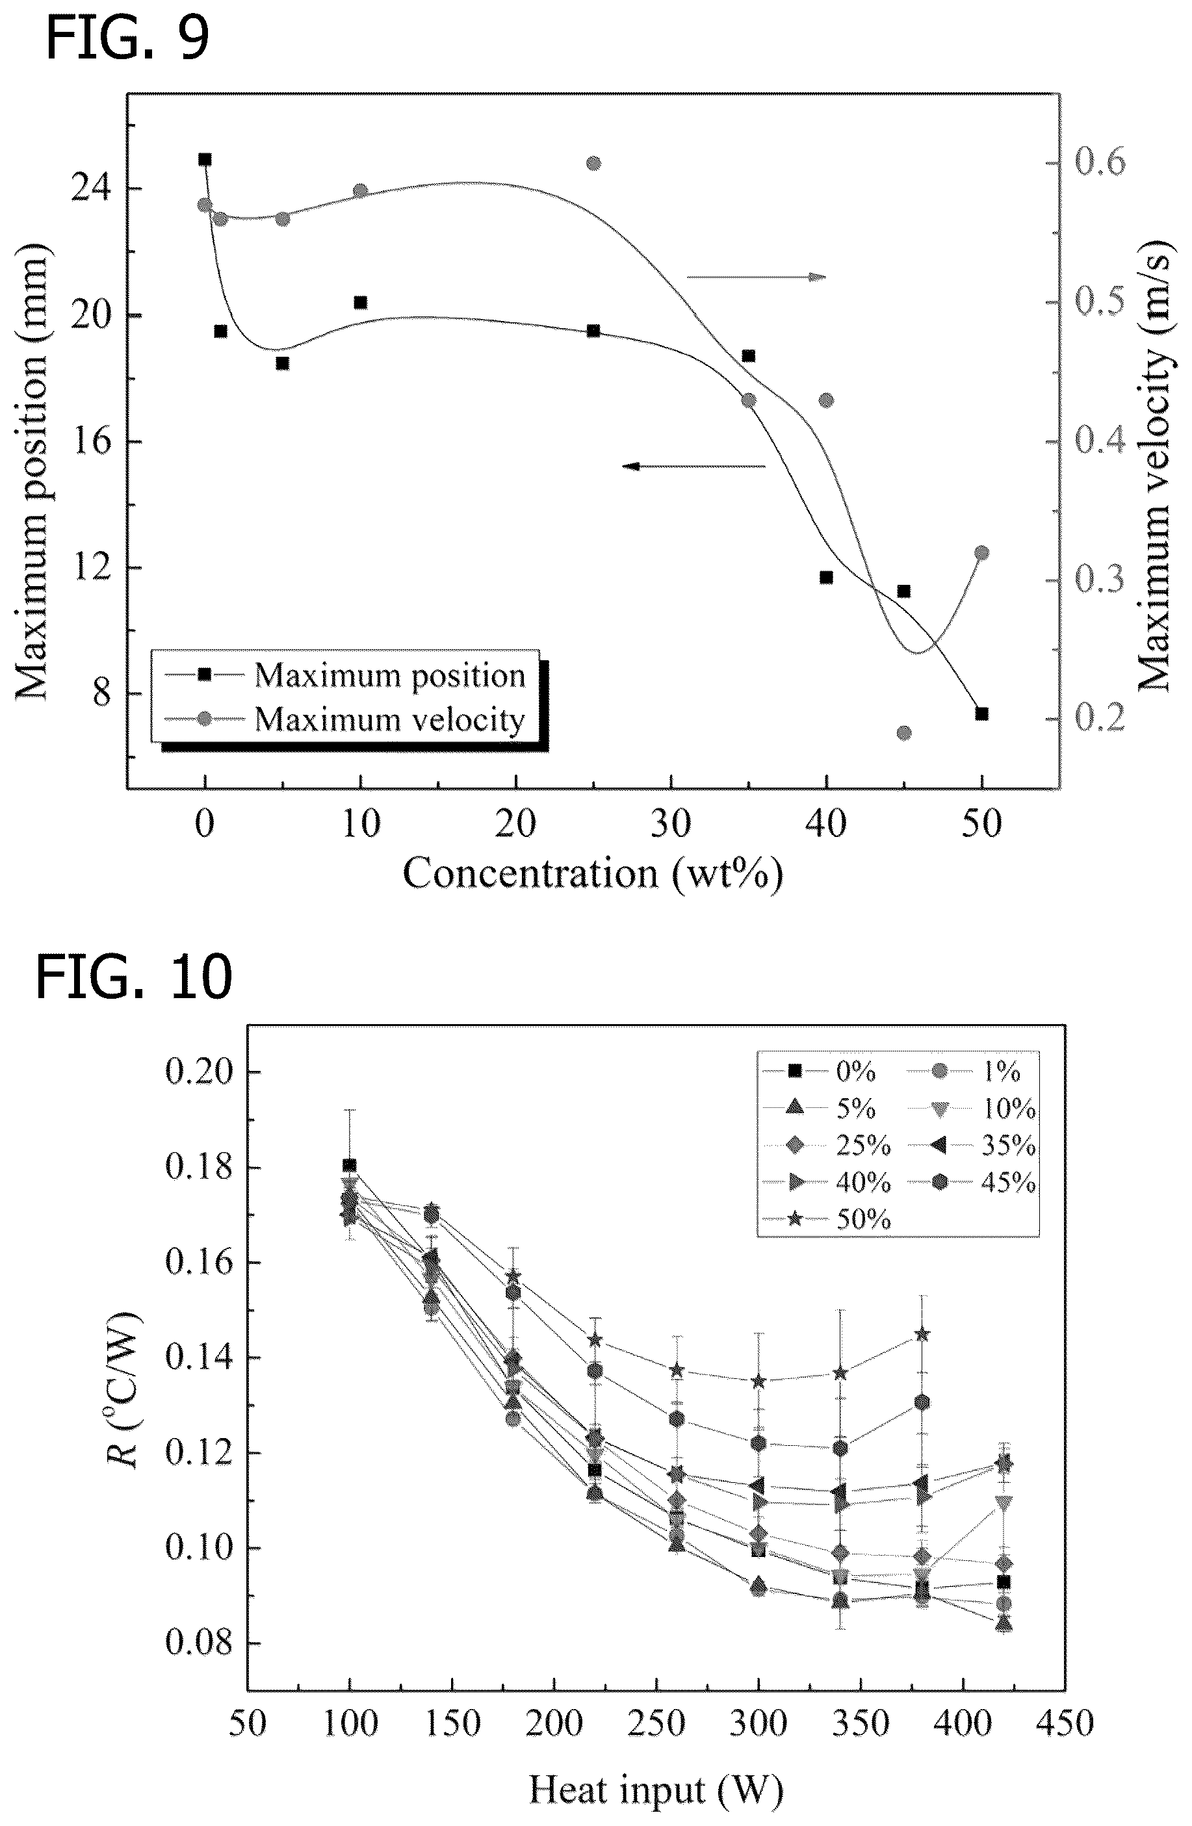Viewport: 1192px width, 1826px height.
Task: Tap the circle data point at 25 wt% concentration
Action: tap(593, 162)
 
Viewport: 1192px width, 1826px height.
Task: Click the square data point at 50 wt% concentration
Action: tap(981, 714)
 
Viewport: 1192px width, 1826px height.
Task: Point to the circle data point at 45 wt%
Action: tap(904, 733)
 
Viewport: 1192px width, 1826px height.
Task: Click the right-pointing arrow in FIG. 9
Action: tap(756, 276)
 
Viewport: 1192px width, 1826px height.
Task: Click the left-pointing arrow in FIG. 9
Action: tap(694, 466)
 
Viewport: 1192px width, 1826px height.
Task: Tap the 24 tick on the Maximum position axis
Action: tap(90, 188)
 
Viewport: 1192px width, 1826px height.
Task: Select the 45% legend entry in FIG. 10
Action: tap(972, 1182)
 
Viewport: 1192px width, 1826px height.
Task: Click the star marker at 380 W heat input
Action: tap(922, 1334)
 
